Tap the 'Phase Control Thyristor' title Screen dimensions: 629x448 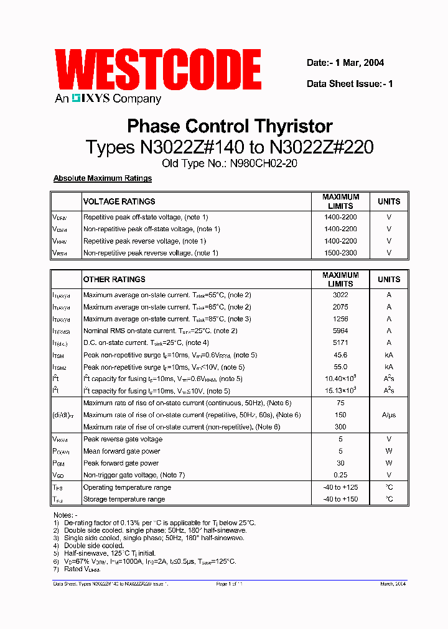[x=230, y=126]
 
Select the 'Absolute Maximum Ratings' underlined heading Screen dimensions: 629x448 [x=103, y=178]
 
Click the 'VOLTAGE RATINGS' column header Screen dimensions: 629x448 [x=119, y=201]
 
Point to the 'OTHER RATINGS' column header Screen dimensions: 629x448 [x=114, y=279]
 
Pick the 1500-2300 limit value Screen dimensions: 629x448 [x=340, y=253]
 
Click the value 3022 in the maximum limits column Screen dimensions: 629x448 [x=340, y=295]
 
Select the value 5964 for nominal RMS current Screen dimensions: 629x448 [x=340, y=331]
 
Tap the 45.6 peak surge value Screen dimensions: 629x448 [x=340, y=355]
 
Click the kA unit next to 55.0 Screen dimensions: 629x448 [x=389, y=367]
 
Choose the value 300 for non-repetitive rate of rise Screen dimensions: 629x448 [x=340, y=427]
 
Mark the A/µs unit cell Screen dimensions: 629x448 [x=389, y=415]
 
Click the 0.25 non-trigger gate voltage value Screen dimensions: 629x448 [x=340, y=475]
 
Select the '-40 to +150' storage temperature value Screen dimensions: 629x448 [x=340, y=499]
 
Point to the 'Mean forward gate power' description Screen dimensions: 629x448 [x=122, y=451]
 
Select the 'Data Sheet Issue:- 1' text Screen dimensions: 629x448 [x=350, y=84]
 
